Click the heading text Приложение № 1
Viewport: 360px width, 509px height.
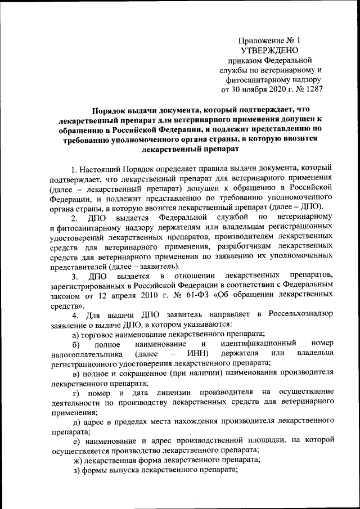[270, 40]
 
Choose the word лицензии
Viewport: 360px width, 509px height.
[177, 391]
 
